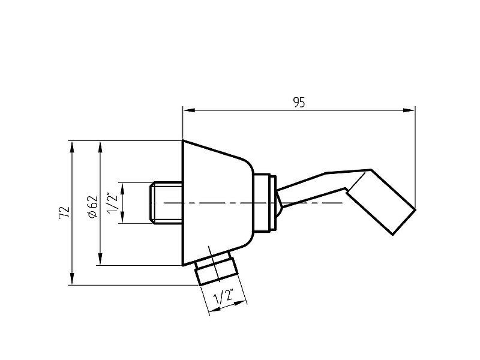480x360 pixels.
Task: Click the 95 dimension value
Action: point(299,102)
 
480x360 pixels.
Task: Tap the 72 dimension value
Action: point(64,212)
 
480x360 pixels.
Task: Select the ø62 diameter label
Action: point(92,207)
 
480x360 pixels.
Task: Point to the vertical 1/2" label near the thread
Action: point(113,202)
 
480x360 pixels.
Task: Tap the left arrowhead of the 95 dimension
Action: point(189,110)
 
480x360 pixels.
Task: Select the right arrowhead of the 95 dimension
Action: point(409,110)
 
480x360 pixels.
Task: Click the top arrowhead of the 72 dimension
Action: point(72,147)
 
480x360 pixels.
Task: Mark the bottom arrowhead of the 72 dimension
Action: point(72,279)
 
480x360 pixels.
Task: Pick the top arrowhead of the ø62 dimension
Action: point(100,147)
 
